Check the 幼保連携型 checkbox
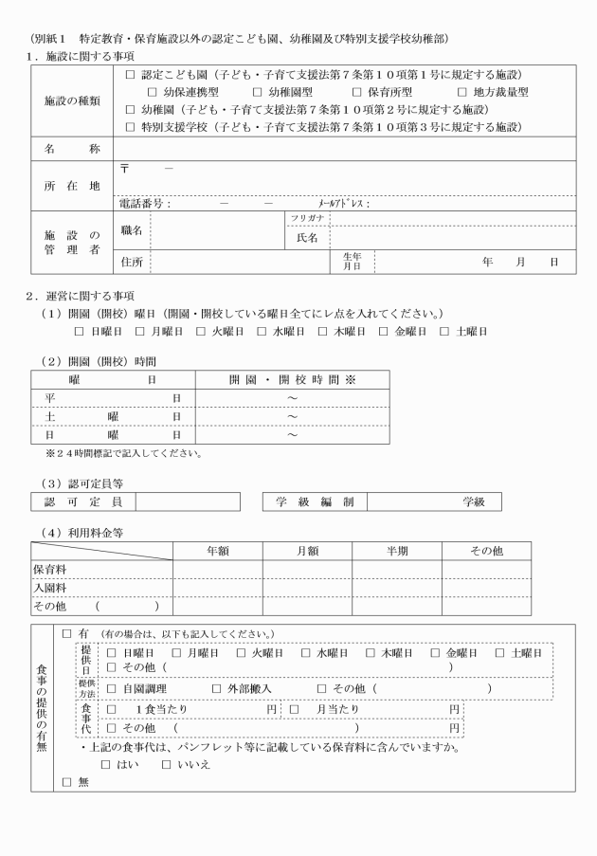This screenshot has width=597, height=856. tap(153, 92)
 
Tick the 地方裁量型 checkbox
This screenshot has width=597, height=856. tap(462, 92)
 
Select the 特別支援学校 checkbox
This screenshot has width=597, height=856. tap(131, 126)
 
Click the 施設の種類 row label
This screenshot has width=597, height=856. tap(72, 100)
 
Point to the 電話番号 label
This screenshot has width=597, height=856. tap(144, 203)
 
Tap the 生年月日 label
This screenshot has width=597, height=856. tap(351, 262)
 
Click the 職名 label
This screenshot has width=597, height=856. tap(132, 229)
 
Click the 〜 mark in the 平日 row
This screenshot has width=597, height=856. tap(292, 398)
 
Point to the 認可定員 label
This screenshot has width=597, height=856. tap(83, 501)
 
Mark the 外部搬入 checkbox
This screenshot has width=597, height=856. tap(216, 688)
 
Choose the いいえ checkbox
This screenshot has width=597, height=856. tap(167, 764)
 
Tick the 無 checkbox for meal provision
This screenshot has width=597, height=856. tap(66, 782)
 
